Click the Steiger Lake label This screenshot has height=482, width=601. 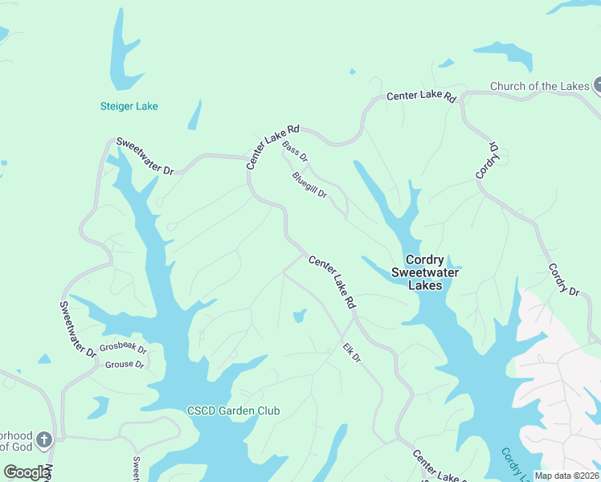(129, 106)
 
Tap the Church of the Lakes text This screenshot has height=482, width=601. (540, 87)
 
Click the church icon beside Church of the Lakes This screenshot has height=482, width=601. (599, 85)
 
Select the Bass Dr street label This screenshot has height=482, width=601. (295, 152)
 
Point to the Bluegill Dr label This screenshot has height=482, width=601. (309, 185)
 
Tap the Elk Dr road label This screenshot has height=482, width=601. (352, 353)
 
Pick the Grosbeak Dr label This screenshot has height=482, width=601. (123, 349)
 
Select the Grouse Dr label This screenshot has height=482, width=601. (124, 365)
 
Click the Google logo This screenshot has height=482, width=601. (26, 472)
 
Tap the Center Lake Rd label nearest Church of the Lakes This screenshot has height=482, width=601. (421, 96)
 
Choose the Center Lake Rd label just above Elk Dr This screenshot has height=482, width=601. (332, 283)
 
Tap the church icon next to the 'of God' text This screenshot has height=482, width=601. (44, 439)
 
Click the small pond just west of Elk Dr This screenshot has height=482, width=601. (299, 316)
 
